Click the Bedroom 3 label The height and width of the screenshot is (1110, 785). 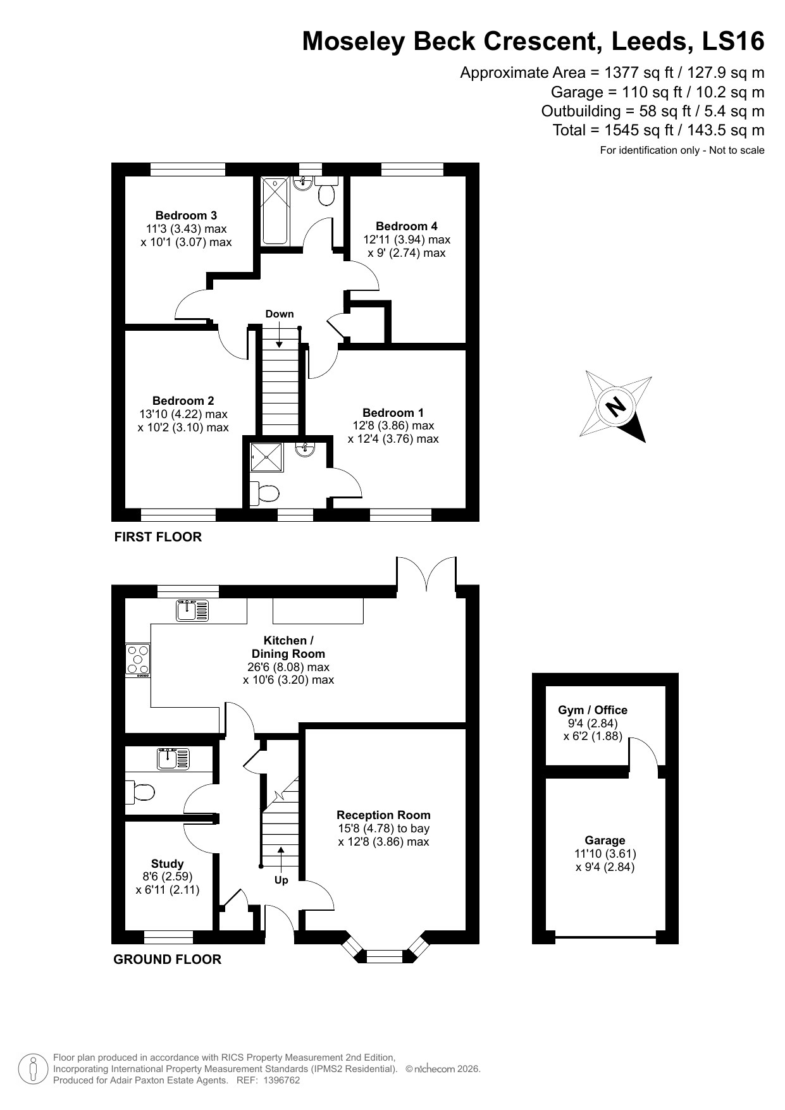[x=186, y=216]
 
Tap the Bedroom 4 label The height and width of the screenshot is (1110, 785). [x=406, y=226]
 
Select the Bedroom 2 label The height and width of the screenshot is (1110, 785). [x=183, y=401]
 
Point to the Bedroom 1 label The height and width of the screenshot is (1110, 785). [x=393, y=413]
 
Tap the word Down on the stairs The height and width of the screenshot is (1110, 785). [x=279, y=314]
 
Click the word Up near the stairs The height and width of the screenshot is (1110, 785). [x=281, y=880]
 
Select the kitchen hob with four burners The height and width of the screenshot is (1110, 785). [x=138, y=659]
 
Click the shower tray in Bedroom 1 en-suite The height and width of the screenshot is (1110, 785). [x=266, y=457]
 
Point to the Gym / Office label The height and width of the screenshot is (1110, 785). [x=593, y=710]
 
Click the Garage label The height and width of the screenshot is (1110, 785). [x=605, y=841]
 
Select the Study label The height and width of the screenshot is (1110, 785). [x=167, y=864]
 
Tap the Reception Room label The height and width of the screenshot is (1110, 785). [x=383, y=815]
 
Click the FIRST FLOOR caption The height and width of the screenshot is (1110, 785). [x=158, y=537]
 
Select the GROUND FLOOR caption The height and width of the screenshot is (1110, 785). [x=167, y=959]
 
